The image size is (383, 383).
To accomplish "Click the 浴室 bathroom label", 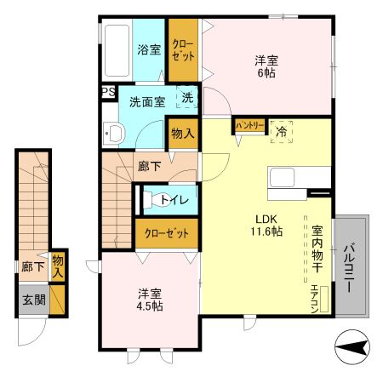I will [150, 49].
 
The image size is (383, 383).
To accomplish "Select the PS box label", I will [108, 92].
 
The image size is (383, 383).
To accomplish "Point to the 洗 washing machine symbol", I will [188, 97].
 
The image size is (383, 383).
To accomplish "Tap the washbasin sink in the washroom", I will [112, 132].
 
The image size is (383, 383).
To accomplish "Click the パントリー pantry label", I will [250, 126].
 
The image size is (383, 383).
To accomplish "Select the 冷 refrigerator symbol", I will [281, 130].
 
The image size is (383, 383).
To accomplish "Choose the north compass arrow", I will [352, 346].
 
